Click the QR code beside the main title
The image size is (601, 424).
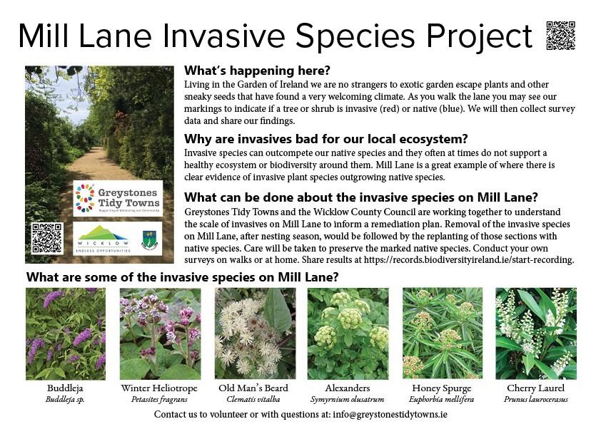[561, 36]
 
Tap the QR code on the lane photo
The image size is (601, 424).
[47, 239]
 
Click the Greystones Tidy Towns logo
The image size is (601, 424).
[118, 198]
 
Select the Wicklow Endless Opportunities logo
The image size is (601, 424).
[103, 239]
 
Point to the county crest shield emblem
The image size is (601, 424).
[148, 240]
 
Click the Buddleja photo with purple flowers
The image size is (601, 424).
[66, 333]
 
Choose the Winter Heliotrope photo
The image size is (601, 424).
[160, 333]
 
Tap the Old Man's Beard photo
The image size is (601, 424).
[256, 333]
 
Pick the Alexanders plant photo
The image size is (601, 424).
[348, 333]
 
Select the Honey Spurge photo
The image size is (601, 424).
[443, 333]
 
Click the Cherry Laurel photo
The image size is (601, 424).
[536, 333]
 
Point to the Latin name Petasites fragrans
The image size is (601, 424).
[159, 400]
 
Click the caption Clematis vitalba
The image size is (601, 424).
[253, 400]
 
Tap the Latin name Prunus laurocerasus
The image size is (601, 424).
[536, 400]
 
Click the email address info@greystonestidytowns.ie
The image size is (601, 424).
[390, 415]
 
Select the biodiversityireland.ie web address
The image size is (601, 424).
[468, 260]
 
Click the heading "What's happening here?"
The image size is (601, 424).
[257, 71]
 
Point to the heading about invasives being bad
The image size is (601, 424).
[325, 139]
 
